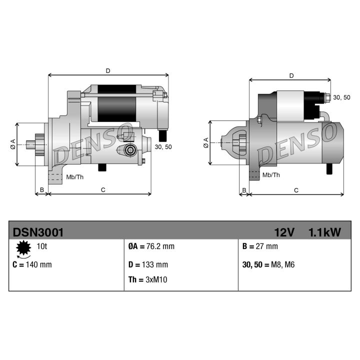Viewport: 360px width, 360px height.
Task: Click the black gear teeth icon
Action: pos(22,247)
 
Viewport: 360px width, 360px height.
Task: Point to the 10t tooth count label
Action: pos(41,246)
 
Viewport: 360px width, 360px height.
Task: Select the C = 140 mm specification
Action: pos(32,264)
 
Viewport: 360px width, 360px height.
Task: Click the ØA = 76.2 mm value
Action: pos(151,246)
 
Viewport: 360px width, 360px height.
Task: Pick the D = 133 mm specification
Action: pos(148,264)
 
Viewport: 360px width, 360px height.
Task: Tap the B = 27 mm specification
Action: pos(259,246)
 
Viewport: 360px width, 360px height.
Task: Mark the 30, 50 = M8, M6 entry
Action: pos(268,264)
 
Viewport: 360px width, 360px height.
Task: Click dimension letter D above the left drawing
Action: pos(108,71)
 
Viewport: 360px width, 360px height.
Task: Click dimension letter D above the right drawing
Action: pos(291,75)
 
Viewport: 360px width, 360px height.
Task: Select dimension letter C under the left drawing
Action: pos(102,189)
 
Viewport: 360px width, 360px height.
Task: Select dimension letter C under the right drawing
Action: pos(296,190)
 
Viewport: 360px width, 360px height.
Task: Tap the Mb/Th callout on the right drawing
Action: pos(271,175)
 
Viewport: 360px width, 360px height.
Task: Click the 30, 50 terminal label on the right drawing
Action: pos(341,97)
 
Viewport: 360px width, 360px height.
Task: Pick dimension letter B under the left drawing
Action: pos(42,189)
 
